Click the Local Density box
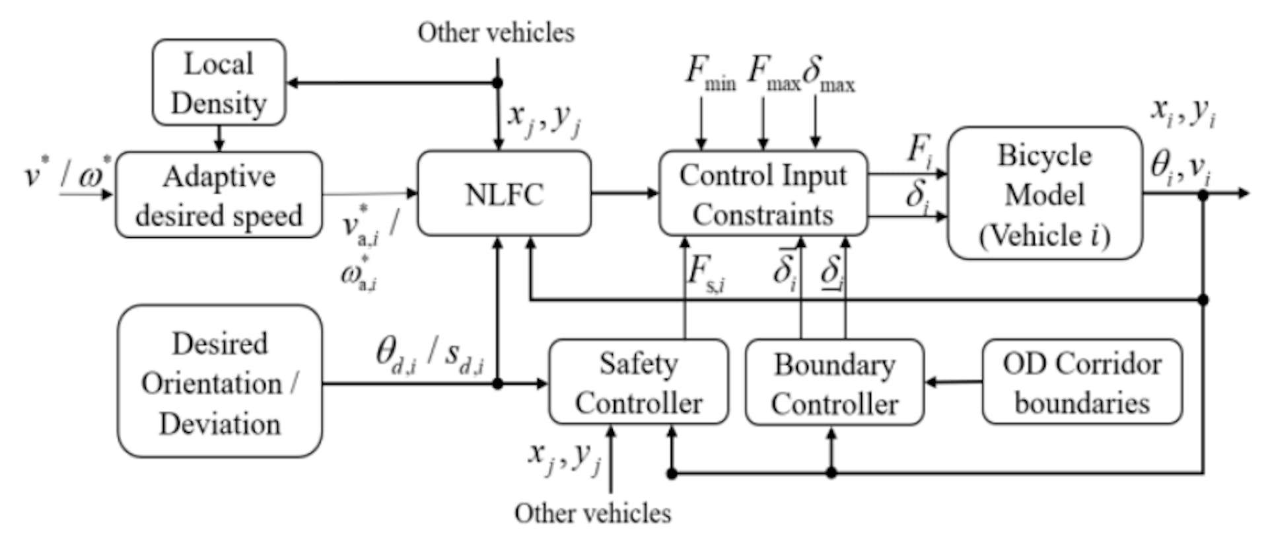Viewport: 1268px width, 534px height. [219, 83]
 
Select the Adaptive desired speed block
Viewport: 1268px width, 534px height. [219, 195]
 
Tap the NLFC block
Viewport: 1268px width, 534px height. [504, 194]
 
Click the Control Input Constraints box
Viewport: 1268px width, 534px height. [763, 194]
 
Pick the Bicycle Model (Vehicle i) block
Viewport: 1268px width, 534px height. [1044, 194]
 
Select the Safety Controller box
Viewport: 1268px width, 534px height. [638, 383]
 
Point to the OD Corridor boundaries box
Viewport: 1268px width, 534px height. [1082, 383]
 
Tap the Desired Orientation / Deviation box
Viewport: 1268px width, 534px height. [219, 382]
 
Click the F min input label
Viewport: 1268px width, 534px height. [709, 73]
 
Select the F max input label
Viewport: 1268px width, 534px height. [773, 73]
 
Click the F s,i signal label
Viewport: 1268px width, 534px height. [705, 272]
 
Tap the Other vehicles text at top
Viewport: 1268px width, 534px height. [495, 32]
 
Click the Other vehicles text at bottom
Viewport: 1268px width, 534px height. [592, 513]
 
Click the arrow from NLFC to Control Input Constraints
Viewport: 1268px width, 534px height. [624, 193]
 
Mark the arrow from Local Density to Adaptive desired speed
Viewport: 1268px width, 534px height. [219, 138]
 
